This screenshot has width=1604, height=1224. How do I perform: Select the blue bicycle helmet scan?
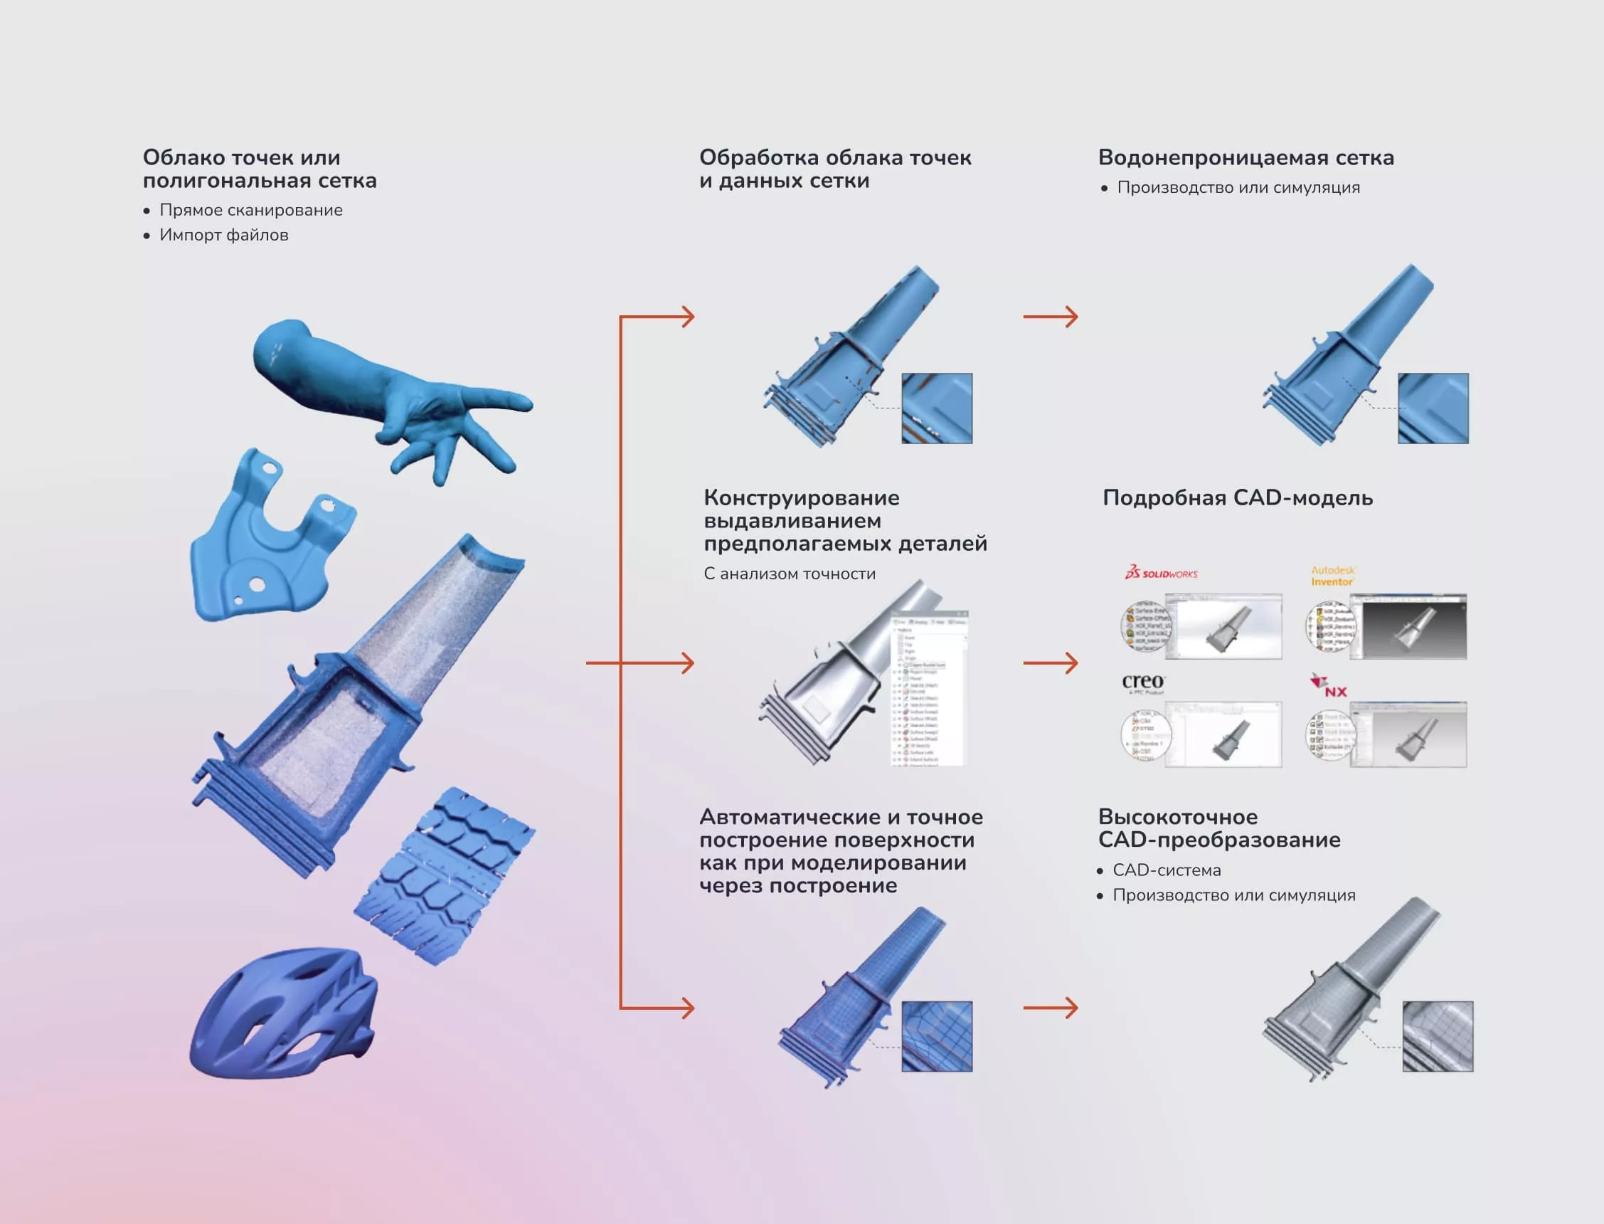pyautogui.click(x=284, y=1013)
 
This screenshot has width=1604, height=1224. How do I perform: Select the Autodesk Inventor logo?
pyautogui.click(x=1332, y=576)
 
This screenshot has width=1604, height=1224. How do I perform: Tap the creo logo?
pyautogui.click(x=1143, y=682)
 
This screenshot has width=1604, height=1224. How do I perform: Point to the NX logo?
pyautogui.click(x=1329, y=686)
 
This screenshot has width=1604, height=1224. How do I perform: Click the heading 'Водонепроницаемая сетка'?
pyautogui.click(x=1245, y=157)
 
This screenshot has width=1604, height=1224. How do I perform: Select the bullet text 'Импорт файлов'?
pyautogui.click(x=223, y=235)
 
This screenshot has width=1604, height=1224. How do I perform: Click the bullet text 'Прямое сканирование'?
pyautogui.click(x=250, y=210)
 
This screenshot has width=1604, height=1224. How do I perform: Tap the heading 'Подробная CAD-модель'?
pyautogui.click(x=1237, y=497)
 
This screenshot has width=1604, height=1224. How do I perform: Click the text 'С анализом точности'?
pyautogui.click(x=790, y=574)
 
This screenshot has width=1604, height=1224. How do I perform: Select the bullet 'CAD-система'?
pyautogui.click(x=1166, y=870)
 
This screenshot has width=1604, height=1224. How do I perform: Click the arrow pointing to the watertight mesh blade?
pyautogui.click(x=1050, y=317)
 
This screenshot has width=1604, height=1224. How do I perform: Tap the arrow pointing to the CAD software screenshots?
pyautogui.click(x=1050, y=663)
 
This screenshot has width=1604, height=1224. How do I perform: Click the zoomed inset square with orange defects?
pyautogui.click(x=936, y=408)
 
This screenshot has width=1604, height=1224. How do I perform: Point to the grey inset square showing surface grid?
pyautogui.click(x=1438, y=1036)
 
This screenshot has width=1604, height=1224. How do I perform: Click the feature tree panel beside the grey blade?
pyautogui.click(x=930, y=689)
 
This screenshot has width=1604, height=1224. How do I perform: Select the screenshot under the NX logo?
pyautogui.click(x=1408, y=734)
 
